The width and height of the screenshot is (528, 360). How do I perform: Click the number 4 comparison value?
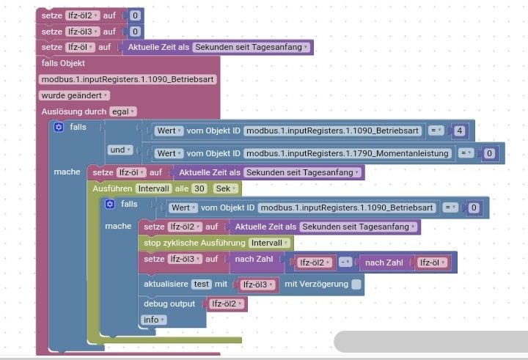coord(460,131)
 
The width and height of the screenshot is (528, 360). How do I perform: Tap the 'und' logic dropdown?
coord(120,150)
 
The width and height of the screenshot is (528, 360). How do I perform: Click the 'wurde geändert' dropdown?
coord(74,95)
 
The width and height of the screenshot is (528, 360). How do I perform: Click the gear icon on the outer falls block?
coord(59,128)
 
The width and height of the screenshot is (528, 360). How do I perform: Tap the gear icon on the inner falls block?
coord(110,204)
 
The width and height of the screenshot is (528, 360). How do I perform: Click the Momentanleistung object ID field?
coord(347,153)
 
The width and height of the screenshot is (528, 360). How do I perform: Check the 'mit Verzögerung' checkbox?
coord(356,284)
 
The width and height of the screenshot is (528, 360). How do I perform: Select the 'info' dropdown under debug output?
coord(153,320)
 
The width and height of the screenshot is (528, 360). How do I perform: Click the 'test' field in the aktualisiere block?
coord(201,284)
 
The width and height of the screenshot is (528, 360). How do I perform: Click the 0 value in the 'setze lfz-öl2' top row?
coord(134,15)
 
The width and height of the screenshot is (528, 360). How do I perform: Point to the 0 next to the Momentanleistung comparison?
coord(489,153)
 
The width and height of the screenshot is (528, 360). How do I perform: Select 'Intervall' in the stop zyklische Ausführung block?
coord(271,243)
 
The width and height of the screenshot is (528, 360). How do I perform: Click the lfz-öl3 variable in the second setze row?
coord(81,31)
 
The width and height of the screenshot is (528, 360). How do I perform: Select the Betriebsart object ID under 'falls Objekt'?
coord(128,79)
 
